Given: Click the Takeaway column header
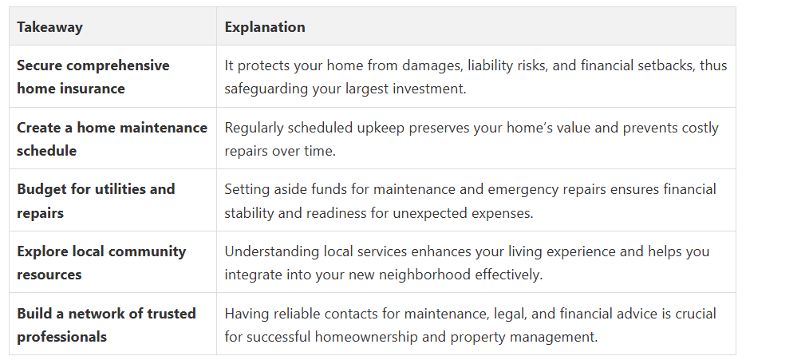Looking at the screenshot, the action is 49,27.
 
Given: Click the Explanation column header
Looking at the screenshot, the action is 265,27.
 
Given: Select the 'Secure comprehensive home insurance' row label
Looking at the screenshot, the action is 93,77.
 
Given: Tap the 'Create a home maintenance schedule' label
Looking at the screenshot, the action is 112,139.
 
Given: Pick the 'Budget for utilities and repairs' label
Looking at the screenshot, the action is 96,201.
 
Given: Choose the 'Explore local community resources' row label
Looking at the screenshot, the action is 101,263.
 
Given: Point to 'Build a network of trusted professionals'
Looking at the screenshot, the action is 106,325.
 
